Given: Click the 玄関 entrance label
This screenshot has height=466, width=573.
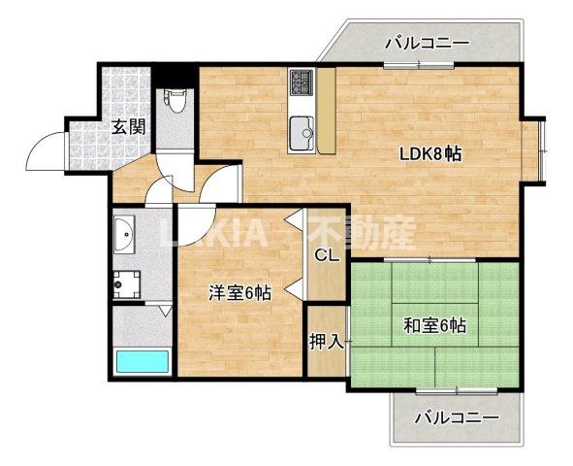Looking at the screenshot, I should coord(127,125).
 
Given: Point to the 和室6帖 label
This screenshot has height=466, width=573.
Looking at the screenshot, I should coord(433,325).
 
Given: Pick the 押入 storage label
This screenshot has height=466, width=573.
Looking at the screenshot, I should coord(325,342).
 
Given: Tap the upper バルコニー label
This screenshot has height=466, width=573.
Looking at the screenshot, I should coord(427,43).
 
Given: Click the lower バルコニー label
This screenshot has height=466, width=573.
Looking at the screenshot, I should coord(456,418).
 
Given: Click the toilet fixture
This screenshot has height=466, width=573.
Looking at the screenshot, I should coord(175,101).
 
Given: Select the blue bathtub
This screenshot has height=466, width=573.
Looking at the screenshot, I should coord(143,362).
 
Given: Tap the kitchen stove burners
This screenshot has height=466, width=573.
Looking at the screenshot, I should coord(300,83).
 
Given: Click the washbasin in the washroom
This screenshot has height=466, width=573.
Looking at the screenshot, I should coord(126,234).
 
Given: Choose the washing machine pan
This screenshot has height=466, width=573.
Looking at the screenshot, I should coord(125,283).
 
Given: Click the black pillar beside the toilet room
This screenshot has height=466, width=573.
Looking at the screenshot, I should coord(175,74).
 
